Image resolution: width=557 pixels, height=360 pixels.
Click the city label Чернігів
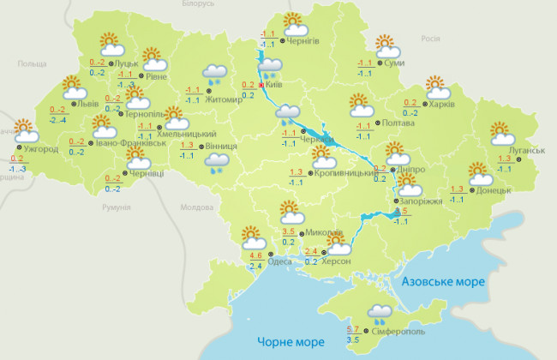[303, 42]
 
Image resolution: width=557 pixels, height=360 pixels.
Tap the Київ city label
[275, 85]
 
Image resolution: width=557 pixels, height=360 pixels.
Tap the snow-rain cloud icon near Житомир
[214, 75]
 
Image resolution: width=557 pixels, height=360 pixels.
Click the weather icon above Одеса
[251, 234]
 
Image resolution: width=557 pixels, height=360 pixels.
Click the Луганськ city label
[527, 151]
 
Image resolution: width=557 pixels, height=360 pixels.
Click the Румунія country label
[116, 208]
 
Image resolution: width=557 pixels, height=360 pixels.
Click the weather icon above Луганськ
[502, 133]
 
